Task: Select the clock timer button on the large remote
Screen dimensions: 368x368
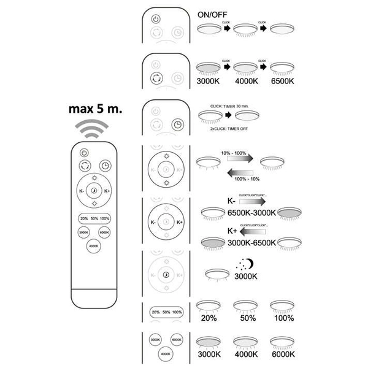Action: (105, 166)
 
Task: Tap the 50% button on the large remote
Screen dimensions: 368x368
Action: (94, 219)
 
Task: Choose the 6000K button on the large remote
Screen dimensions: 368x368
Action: (104, 232)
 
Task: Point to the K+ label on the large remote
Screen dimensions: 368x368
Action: (107, 192)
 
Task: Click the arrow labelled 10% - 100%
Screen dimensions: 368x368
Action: (237, 157)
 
